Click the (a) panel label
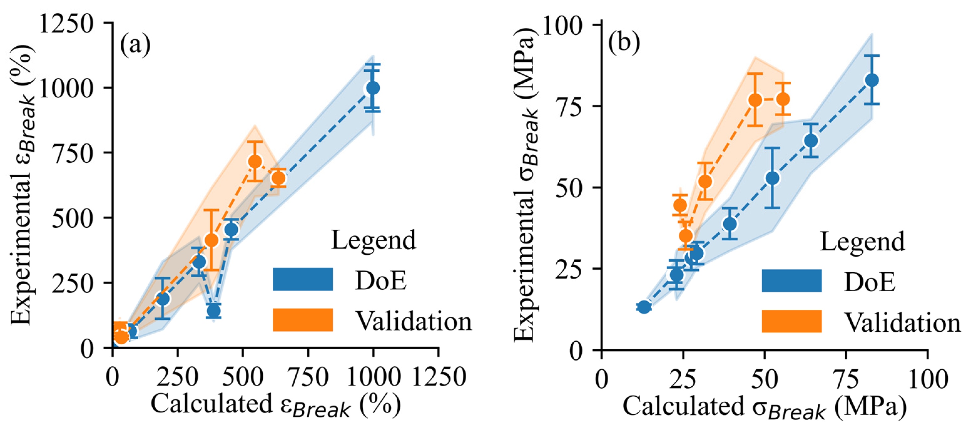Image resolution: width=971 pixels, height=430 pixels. point(135,45)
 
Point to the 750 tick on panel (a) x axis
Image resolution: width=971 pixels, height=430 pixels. point(308,378)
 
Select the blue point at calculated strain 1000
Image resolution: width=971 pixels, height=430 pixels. point(373,88)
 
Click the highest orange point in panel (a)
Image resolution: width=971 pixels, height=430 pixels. point(255,161)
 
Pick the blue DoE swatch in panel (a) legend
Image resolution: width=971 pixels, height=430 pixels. point(303,279)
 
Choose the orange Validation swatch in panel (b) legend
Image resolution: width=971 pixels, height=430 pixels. point(791,321)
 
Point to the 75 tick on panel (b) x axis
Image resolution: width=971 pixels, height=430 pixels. point(846,380)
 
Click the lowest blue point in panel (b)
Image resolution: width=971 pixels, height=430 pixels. point(644,307)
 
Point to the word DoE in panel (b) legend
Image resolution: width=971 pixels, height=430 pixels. point(870,281)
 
